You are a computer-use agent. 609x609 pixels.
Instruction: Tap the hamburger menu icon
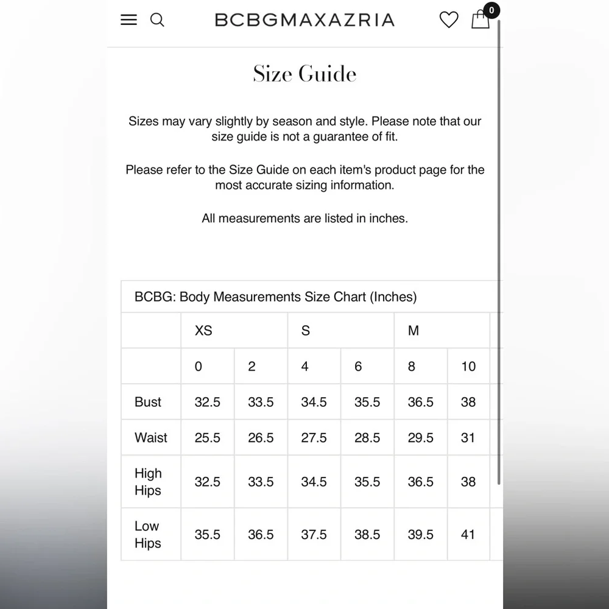[129, 19]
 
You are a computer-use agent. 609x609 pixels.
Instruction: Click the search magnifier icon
[157, 19]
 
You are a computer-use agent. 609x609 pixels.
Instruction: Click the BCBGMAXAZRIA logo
[304, 20]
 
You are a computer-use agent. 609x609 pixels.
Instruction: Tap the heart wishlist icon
[449, 20]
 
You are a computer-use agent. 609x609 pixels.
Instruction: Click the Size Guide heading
[304, 74]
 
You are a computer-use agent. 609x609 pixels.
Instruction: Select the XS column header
[203, 331]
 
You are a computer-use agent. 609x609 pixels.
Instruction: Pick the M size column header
[414, 331]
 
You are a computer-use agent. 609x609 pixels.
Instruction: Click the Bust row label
[148, 402]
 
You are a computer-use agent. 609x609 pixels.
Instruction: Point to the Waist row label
[151, 437]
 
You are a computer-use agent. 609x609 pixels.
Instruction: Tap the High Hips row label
[148, 482]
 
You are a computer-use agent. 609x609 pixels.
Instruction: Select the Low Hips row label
[147, 534]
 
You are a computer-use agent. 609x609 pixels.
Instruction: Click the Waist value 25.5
[208, 437]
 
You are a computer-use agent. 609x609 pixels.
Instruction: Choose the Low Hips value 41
[468, 534]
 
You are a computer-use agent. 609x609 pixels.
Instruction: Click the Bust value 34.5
[314, 402]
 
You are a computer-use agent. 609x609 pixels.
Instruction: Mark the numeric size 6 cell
[358, 366]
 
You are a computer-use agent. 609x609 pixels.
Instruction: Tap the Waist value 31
[468, 437]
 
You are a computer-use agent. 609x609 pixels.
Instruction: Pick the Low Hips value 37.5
[314, 534]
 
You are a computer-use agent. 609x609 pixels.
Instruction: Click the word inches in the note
[387, 218]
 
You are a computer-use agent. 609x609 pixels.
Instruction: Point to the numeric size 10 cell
[468, 366]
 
